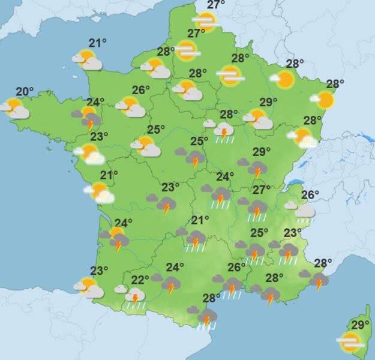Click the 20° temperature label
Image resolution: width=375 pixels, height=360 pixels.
pyautogui.click(x=25, y=92)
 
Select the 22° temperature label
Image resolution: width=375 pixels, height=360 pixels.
pyautogui.click(x=140, y=280)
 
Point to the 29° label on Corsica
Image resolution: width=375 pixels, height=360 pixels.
pyautogui.click(x=359, y=325)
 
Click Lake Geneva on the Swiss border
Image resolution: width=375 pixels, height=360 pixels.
pyautogui.click(x=296, y=184)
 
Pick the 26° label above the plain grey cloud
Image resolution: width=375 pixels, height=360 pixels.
pyautogui.click(x=310, y=194)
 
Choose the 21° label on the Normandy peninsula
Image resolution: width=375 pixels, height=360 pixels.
pyautogui.click(x=97, y=43)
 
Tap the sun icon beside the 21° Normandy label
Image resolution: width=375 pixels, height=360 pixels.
pyautogui.click(x=88, y=59)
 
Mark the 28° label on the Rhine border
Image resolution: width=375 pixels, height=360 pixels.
pyautogui.click(x=335, y=84)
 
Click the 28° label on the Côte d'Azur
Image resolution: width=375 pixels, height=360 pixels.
pyautogui.click(x=323, y=263)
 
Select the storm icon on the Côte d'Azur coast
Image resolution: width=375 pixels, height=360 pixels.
pyautogui.click(x=318, y=280)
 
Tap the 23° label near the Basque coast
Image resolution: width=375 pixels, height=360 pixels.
pyautogui.click(x=99, y=271)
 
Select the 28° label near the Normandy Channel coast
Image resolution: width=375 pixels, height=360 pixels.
pyautogui.click(x=166, y=52)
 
